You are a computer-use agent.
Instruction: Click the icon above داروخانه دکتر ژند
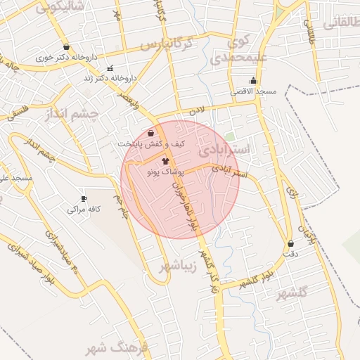pos(109,68)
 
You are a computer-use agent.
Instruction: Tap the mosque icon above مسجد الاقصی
pos(254,81)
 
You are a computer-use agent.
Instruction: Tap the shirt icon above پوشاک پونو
pos(165,161)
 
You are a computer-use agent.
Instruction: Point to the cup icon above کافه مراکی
pos(84,199)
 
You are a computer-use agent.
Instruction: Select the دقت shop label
pos(290,253)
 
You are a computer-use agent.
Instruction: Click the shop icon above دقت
pos(290,243)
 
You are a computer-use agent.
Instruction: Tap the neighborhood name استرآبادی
pos(224,150)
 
